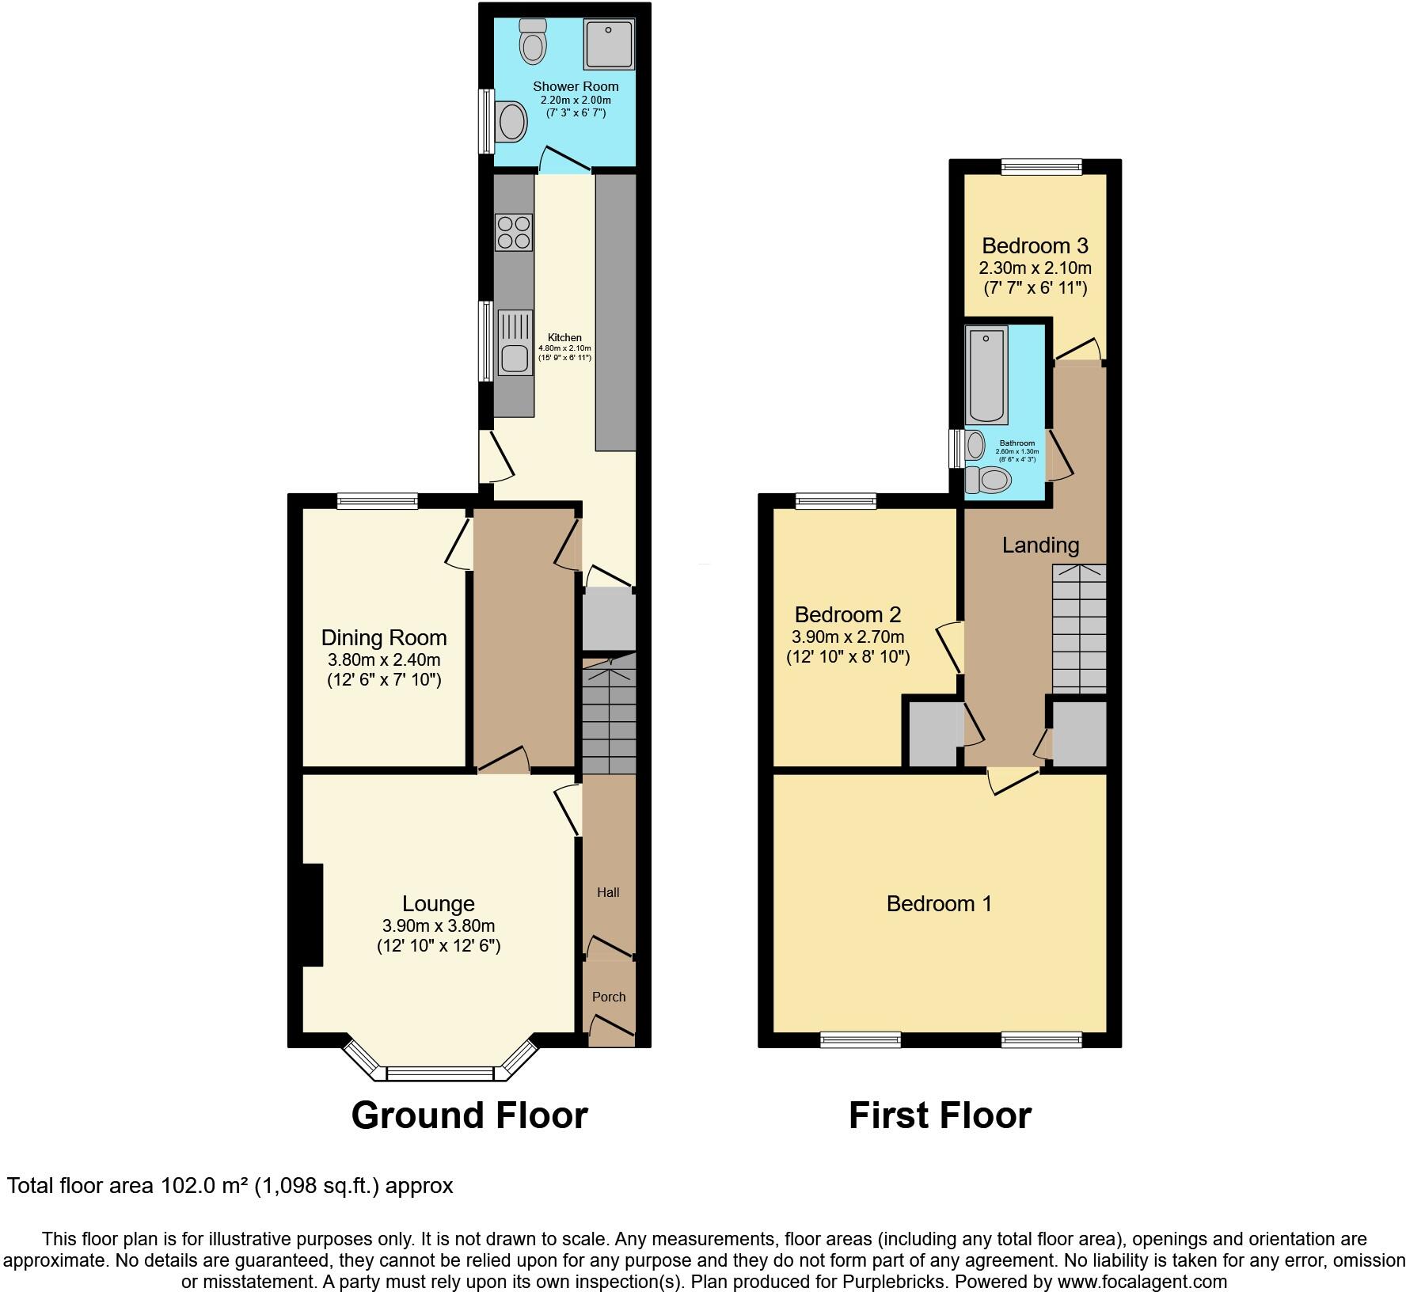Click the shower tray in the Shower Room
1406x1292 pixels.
point(609,44)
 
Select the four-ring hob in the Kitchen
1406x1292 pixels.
point(513,232)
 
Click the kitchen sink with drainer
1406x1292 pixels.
point(514,342)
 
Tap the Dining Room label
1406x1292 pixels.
point(383,637)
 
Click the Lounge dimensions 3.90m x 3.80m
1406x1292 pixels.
point(438,925)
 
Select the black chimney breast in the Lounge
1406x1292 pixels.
point(312,914)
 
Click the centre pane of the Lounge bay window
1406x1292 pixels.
point(439,1073)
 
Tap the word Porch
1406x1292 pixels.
point(609,997)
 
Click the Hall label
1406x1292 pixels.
point(608,892)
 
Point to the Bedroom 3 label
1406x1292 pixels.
point(1035,245)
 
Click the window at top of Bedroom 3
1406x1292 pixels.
point(1041,166)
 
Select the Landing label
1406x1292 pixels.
point(1040,545)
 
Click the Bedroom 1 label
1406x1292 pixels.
point(939,903)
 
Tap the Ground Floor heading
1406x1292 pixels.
point(469,1115)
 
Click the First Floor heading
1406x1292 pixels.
point(940,1115)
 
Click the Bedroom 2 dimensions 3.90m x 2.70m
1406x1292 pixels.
point(847,636)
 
